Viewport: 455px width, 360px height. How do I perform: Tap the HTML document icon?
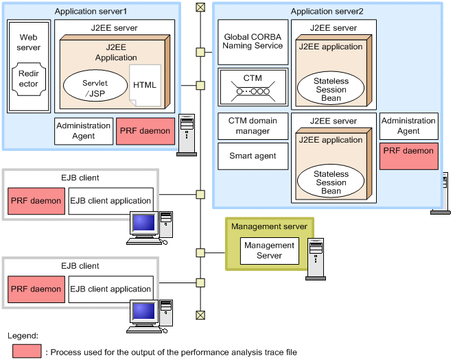coord(145,85)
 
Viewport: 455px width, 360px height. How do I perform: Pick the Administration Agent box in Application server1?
coord(83,131)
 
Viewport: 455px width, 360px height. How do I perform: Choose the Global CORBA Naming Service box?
coord(253,41)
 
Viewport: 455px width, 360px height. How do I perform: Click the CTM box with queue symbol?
coord(253,85)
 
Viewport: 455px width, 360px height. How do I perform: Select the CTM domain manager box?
coord(253,126)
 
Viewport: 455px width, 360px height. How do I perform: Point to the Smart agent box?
coord(253,156)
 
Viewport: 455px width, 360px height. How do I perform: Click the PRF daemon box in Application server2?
coord(408,156)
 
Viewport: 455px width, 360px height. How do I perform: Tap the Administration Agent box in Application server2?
coord(408,126)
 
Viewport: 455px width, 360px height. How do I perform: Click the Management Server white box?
coord(269,250)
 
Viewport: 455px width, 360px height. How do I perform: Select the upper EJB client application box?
coord(110,201)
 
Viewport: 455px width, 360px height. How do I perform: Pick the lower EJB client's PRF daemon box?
coord(36,289)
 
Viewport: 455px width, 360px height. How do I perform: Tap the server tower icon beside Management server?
coord(316,257)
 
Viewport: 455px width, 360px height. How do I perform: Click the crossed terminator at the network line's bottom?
coord(200,315)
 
